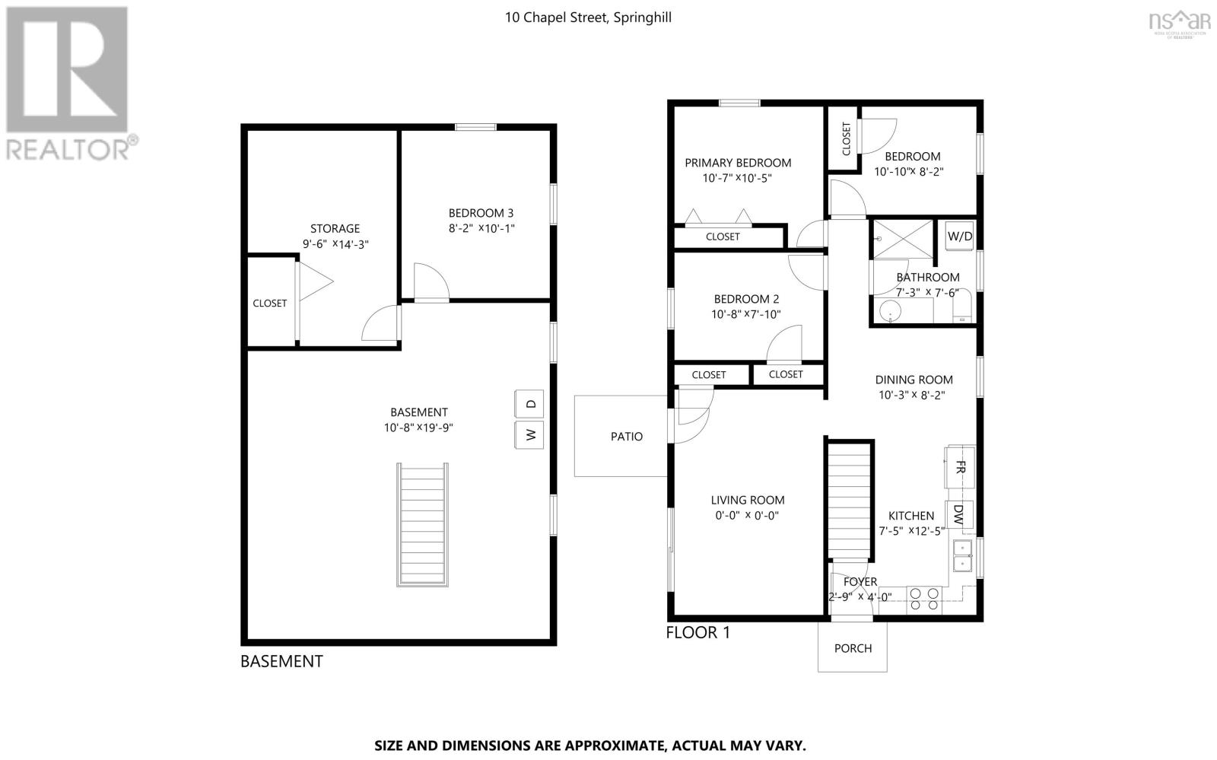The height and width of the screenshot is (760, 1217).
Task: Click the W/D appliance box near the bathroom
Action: pyautogui.click(x=959, y=236)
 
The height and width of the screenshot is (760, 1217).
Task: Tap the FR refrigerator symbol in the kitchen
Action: pyautogui.click(x=960, y=467)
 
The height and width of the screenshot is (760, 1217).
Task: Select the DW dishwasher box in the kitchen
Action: pyautogui.click(x=959, y=514)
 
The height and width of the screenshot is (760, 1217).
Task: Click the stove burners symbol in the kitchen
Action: pyautogui.click(x=924, y=599)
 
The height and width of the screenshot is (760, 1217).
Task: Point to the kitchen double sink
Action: pyautogui.click(x=962, y=556)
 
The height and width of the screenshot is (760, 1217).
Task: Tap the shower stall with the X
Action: pyautogui.click(x=902, y=239)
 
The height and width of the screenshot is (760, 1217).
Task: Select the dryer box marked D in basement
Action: pyautogui.click(x=529, y=404)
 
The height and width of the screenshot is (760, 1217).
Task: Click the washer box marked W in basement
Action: pyautogui.click(x=529, y=434)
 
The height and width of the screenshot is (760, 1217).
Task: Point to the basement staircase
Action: pyautogui.click(x=422, y=525)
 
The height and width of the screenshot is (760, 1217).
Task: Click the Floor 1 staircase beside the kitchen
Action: pyautogui.click(x=850, y=501)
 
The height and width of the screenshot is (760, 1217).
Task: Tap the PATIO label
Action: pyautogui.click(x=627, y=436)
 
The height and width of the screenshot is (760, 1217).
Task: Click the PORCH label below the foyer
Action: pyautogui.click(x=853, y=648)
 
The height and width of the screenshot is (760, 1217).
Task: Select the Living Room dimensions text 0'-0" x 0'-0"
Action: pyautogui.click(x=747, y=516)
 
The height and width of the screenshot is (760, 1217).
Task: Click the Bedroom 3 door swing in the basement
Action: pyautogui.click(x=431, y=282)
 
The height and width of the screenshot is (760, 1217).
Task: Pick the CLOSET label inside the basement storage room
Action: pyautogui.click(x=269, y=303)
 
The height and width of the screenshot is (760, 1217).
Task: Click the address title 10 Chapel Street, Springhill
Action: pyautogui.click(x=588, y=17)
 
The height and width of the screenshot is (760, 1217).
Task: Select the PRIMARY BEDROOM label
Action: pyautogui.click(x=738, y=163)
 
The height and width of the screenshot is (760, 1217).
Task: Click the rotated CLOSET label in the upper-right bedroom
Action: pyautogui.click(x=846, y=138)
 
